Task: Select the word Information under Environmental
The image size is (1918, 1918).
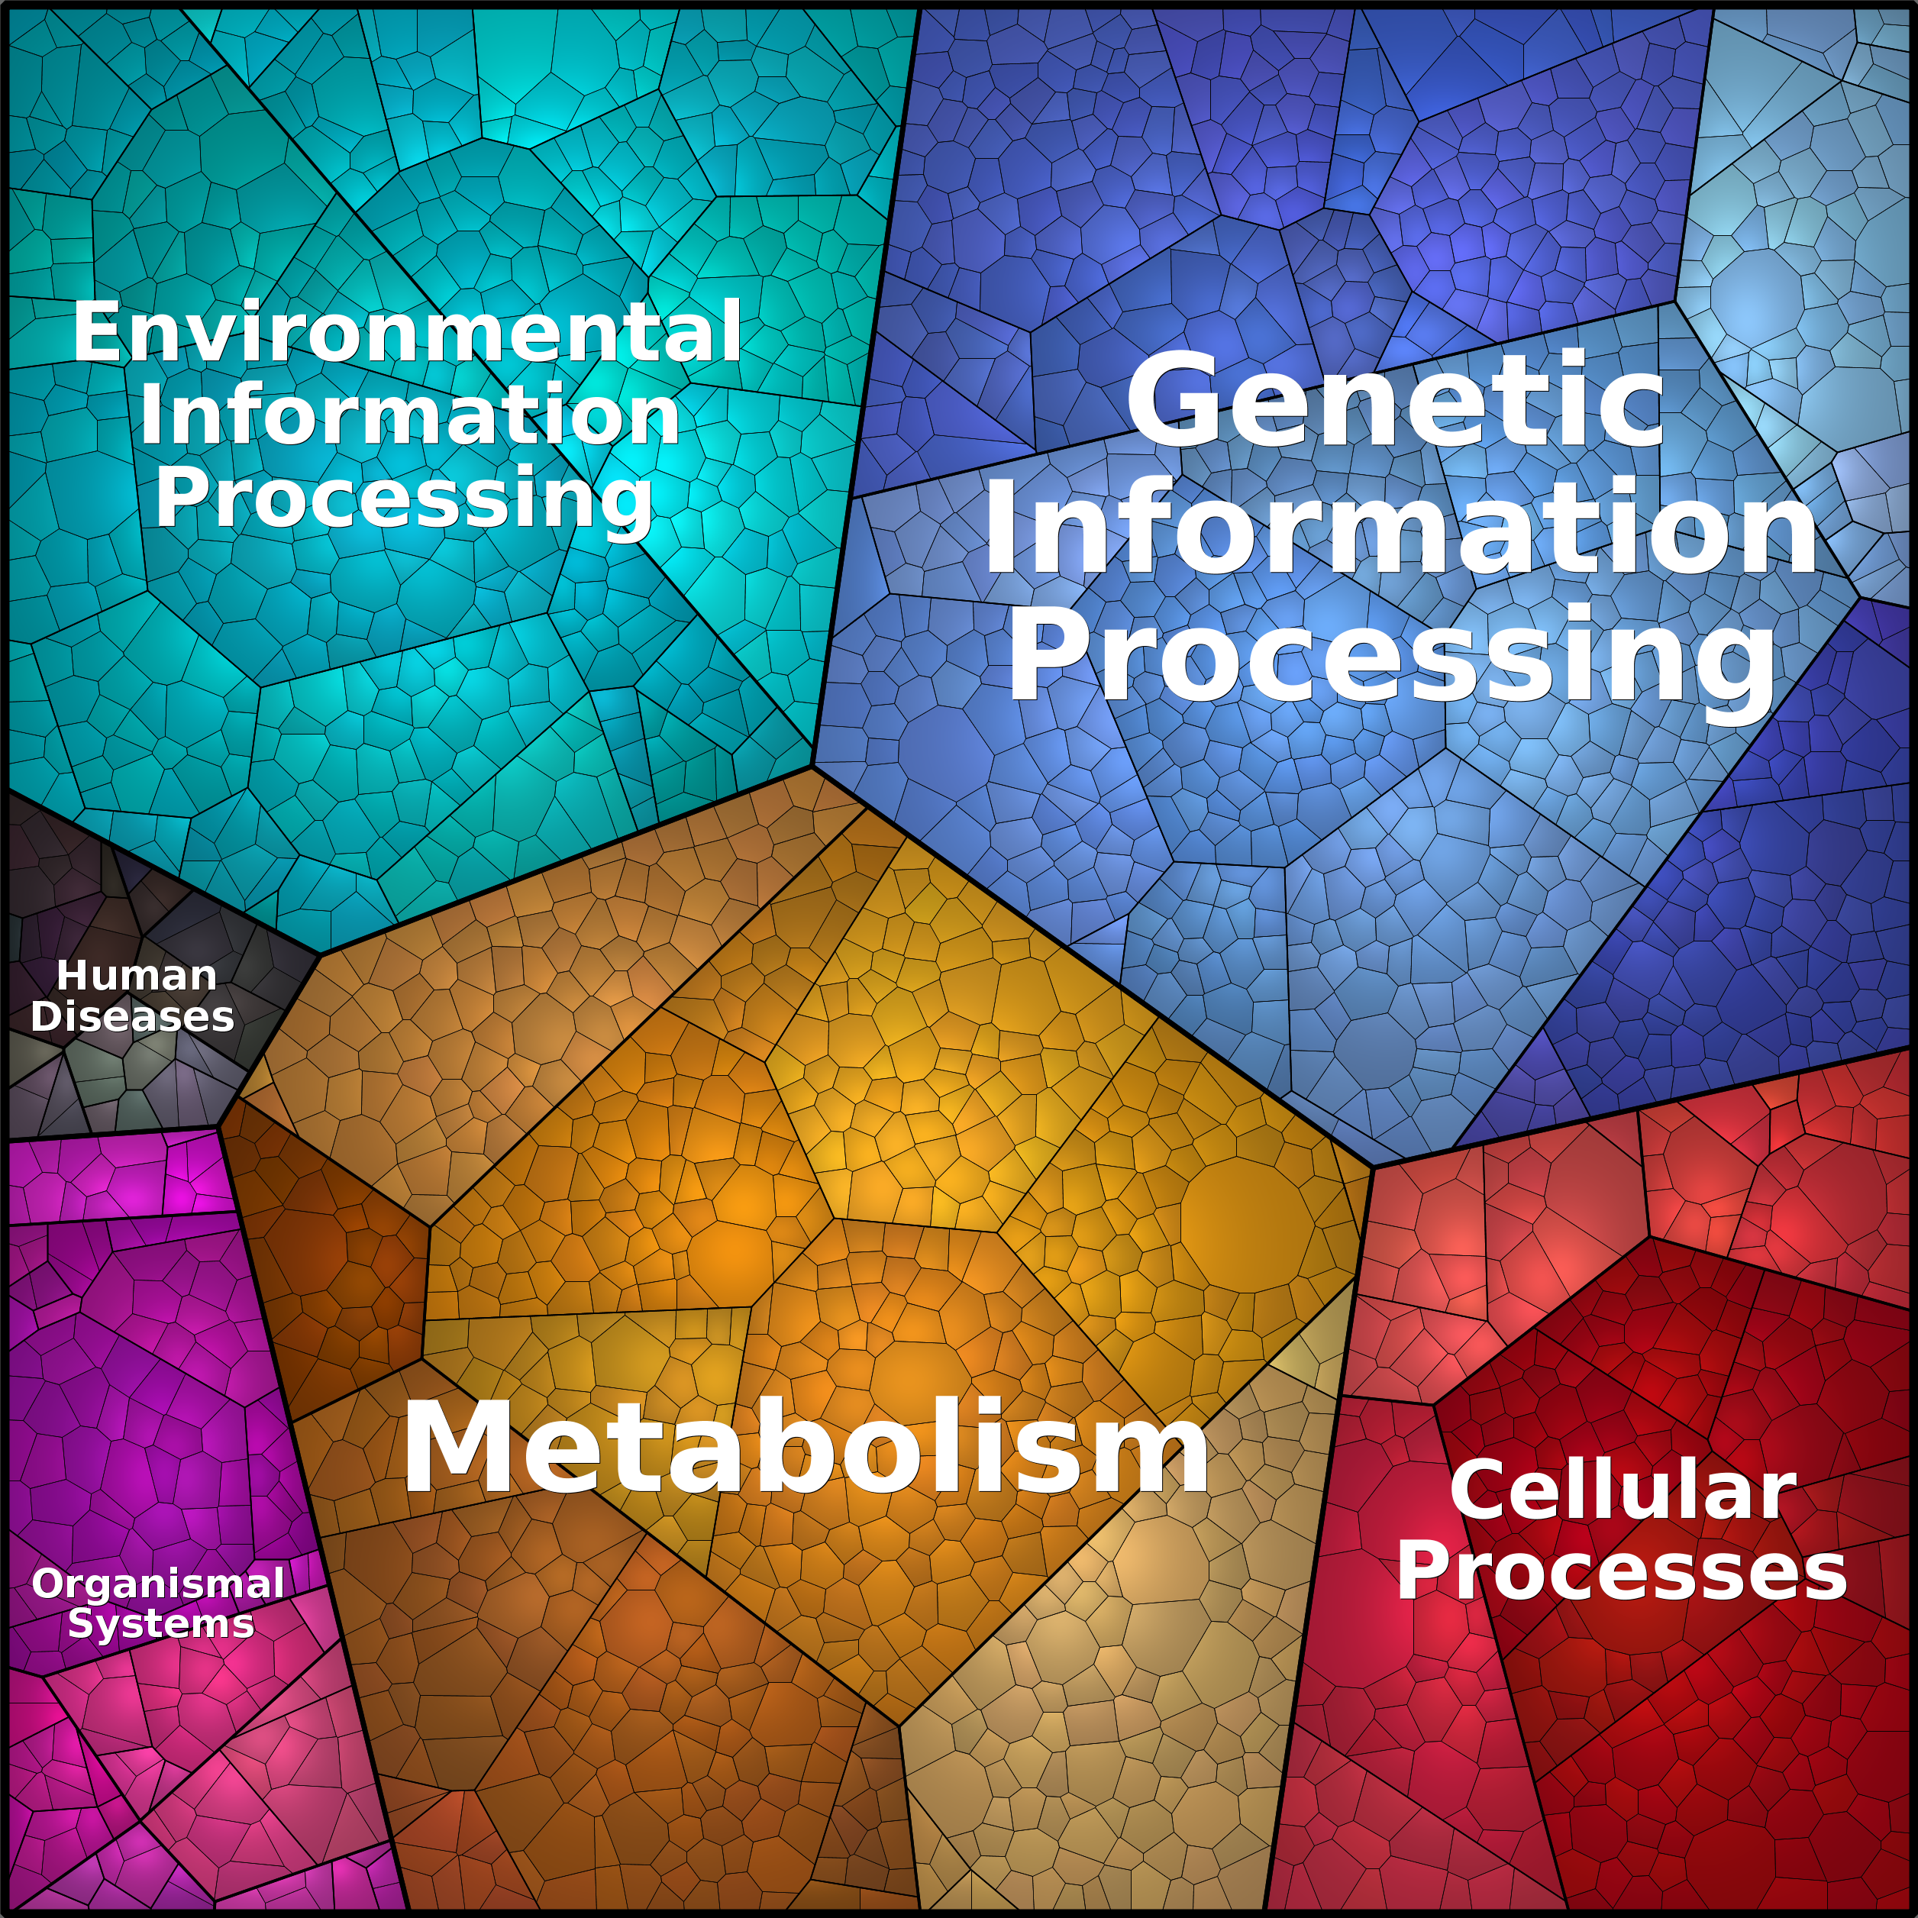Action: (409, 414)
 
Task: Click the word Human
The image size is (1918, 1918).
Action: (137, 975)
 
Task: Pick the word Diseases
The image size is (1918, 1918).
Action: (132, 1016)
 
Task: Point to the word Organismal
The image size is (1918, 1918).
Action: (158, 1584)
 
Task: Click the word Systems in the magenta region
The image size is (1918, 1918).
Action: (161, 1624)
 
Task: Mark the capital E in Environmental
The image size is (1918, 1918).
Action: (95, 333)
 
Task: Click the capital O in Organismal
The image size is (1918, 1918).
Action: (47, 1584)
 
